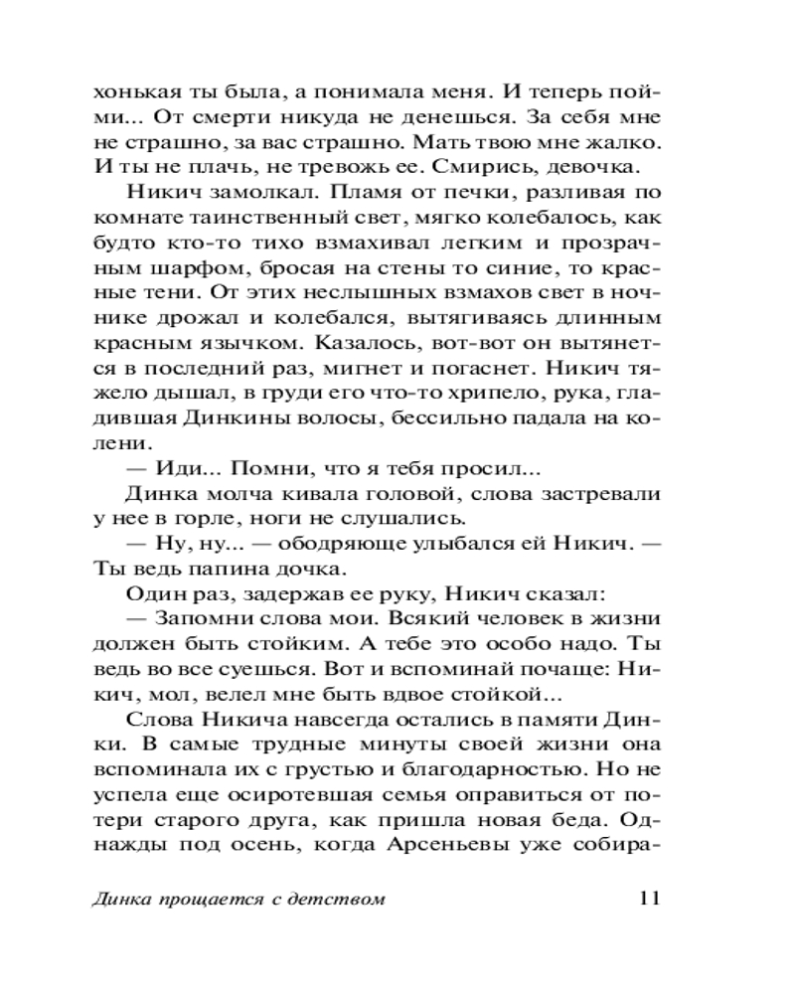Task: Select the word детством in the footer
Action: [x=342, y=900]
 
